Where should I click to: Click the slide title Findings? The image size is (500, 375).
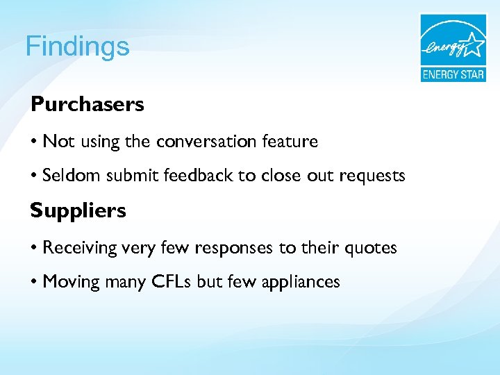tap(77, 47)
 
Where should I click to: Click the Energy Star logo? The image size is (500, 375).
tap(452, 48)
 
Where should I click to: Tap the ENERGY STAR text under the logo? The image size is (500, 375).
tap(452, 74)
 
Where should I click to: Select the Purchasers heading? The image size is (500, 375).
tap(87, 105)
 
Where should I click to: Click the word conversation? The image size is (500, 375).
tap(207, 142)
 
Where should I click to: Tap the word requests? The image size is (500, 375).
tap(372, 176)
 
